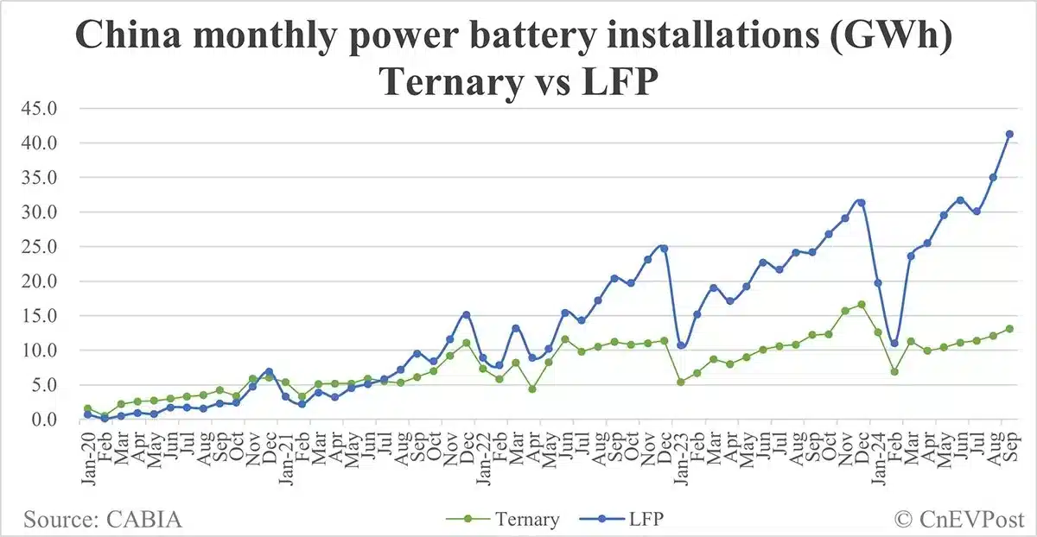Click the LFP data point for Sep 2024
(1009, 134)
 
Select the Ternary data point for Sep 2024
(1009, 329)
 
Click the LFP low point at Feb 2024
(894, 343)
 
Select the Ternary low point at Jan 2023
(680, 382)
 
